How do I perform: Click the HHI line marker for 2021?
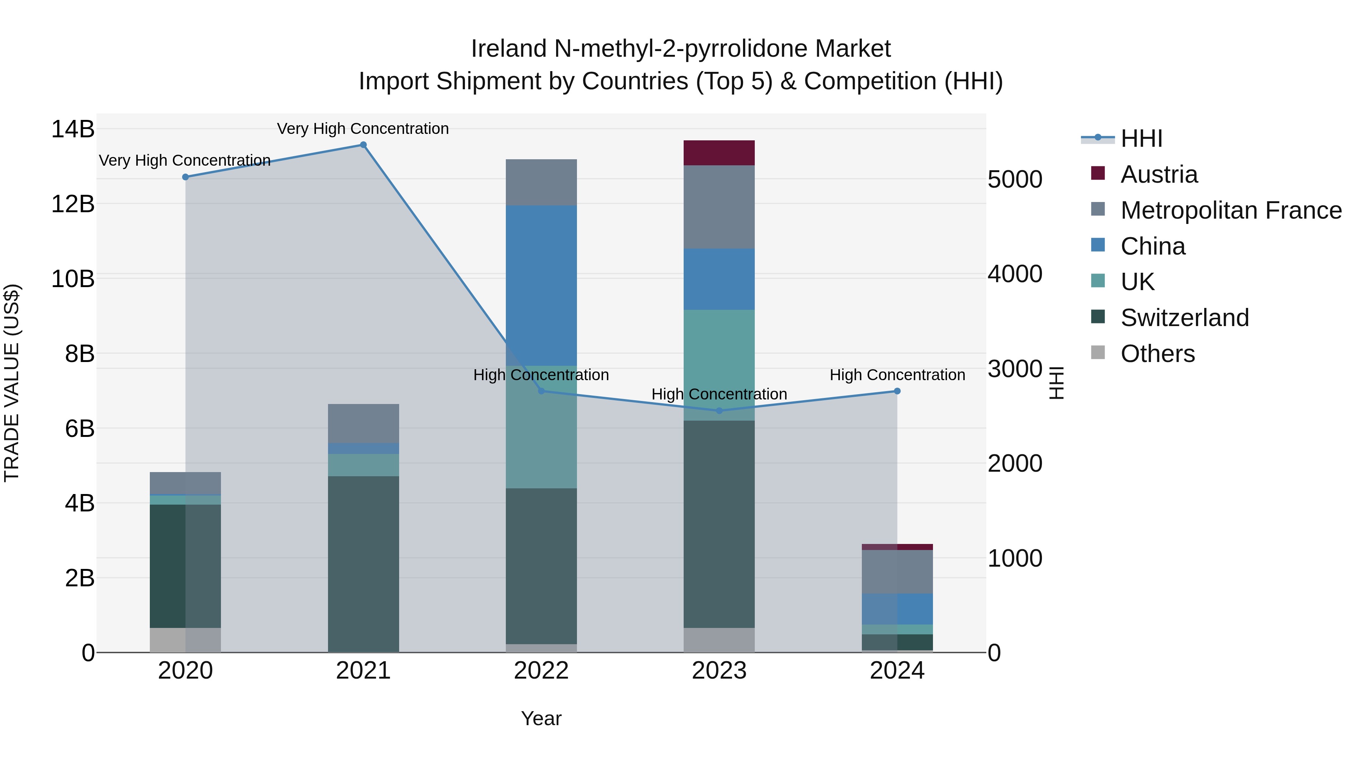(x=363, y=145)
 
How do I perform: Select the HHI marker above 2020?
(x=186, y=177)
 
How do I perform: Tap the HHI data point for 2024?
(x=897, y=391)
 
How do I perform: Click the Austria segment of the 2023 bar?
(x=719, y=153)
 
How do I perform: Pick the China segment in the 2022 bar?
(x=541, y=286)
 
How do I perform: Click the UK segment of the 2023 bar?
(x=719, y=365)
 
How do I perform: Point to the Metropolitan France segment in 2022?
(x=541, y=182)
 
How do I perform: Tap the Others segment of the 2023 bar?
(x=719, y=640)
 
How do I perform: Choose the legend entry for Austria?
(x=1158, y=174)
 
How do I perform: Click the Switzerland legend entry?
(x=1184, y=318)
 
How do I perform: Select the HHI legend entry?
(x=1141, y=138)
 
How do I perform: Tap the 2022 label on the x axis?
(x=541, y=671)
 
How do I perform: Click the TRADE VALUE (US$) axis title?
(x=12, y=383)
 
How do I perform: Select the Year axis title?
(x=541, y=718)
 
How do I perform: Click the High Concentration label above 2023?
(x=719, y=395)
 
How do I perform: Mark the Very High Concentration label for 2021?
(x=363, y=129)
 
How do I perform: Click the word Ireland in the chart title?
(x=508, y=49)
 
